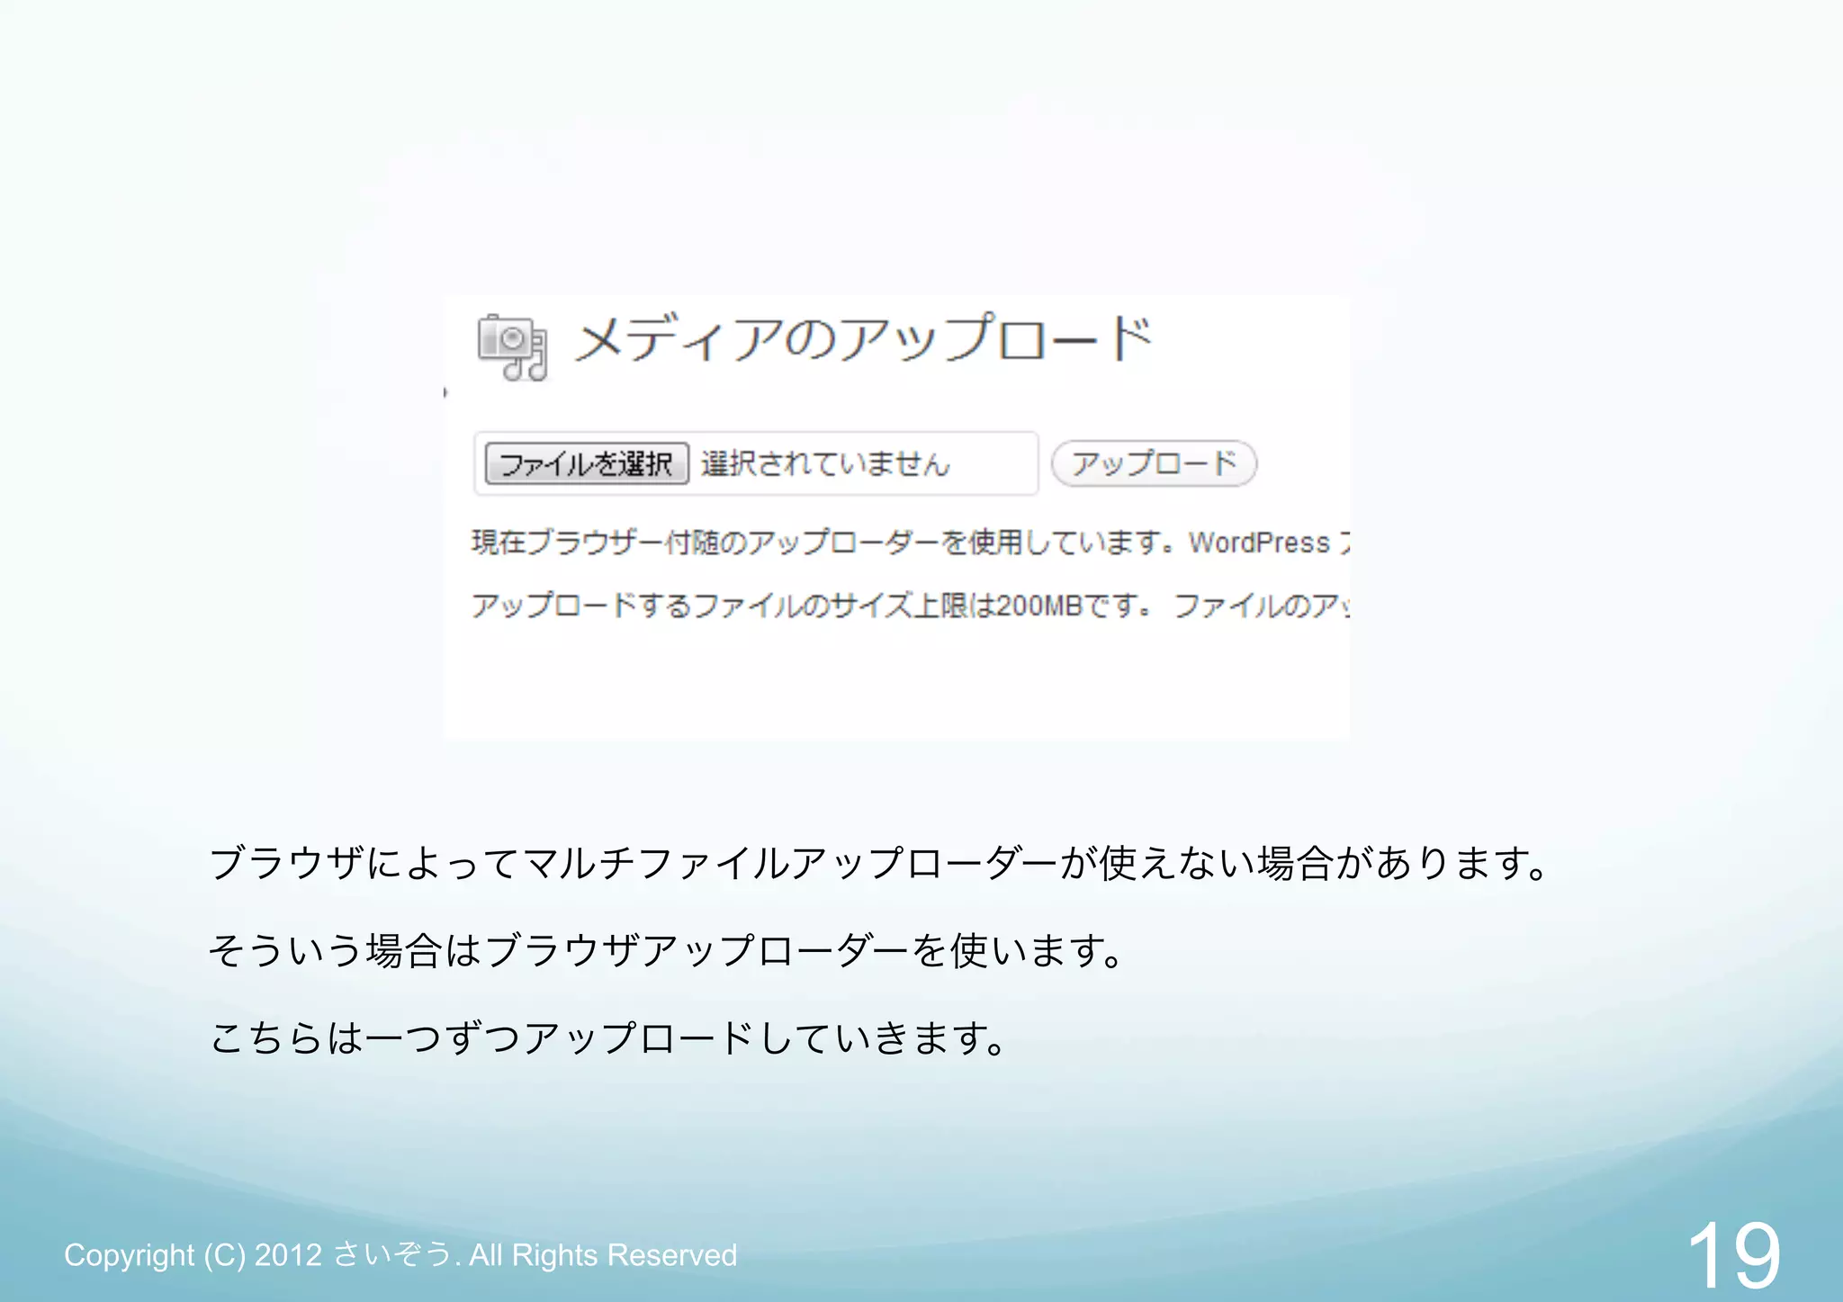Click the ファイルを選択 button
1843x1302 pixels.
(x=587, y=464)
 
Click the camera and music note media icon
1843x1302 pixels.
(x=512, y=347)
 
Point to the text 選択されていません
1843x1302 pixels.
(x=825, y=464)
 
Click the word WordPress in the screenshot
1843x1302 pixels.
(x=1259, y=543)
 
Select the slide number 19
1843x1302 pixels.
(x=1733, y=1256)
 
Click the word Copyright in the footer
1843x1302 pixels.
(x=129, y=1255)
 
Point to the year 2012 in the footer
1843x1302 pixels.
(x=288, y=1255)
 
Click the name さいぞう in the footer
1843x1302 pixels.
(x=392, y=1254)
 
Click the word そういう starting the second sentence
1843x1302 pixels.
(x=285, y=951)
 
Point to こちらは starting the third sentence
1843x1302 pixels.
(x=286, y=1038)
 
